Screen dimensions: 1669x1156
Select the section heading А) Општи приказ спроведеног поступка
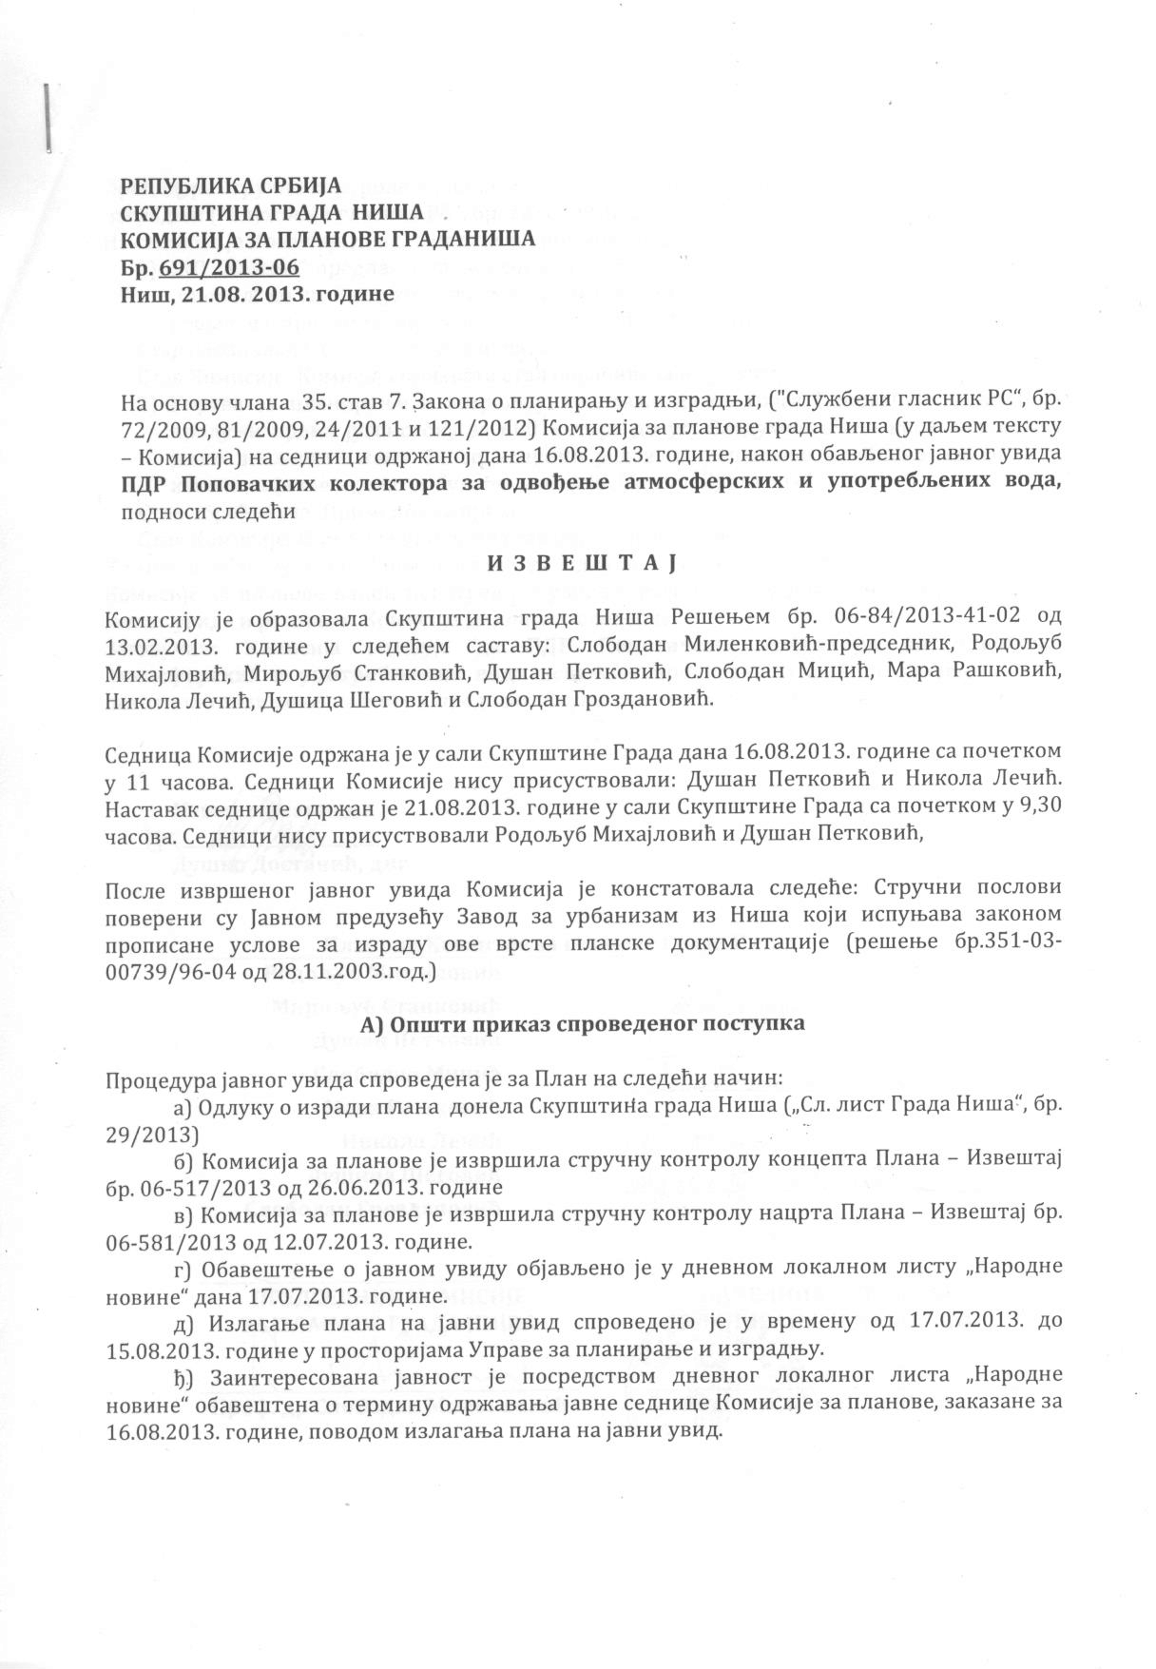point(583,1024)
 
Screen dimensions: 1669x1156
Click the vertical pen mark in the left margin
point(46,118)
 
